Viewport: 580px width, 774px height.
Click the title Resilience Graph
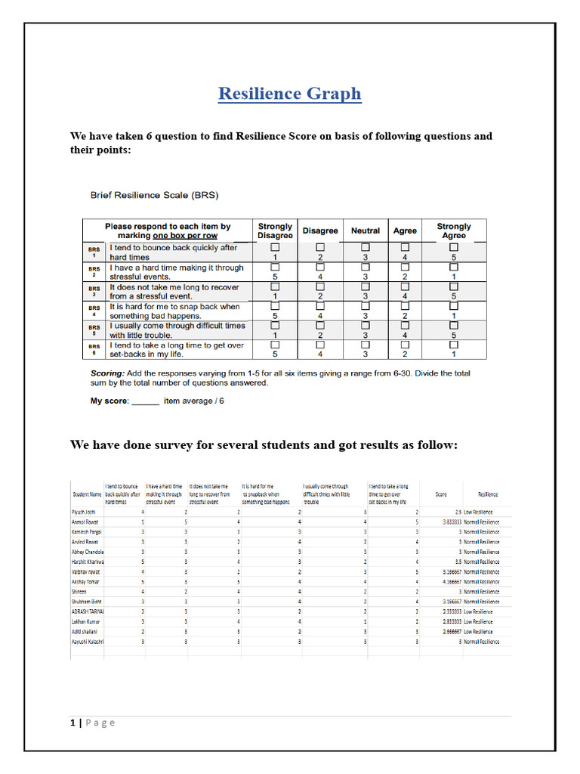click(x=289, y=94)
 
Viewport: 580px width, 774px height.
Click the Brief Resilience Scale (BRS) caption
click(x=154, y=195)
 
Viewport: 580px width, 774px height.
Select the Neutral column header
click(x=366, y=231)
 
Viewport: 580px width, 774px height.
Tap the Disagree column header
click(x=320, y=231)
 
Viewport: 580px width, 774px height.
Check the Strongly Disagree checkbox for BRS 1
click(x=275, y=247)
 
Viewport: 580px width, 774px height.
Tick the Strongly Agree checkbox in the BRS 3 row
click(x=454, y=286)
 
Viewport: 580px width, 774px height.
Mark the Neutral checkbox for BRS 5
click(x=366, y=326)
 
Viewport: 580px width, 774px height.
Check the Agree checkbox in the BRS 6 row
click(x=405, y=345)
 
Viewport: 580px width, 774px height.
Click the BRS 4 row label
click(x=94, y=311)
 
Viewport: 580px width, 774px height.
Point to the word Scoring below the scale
click(x=106, y=373)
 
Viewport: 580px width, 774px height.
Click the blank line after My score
click(x=145, y=401)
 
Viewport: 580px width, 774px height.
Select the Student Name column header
click(x=87, y=495)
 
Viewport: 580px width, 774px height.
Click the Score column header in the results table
click(x=441, y=495)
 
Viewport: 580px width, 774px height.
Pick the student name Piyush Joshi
click(x=84, y=512)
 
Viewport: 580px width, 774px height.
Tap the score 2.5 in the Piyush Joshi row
click(x=457, y=512)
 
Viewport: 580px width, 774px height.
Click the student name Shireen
click(x=79, y=592)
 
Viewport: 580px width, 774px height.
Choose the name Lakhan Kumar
click(x=85, y=621)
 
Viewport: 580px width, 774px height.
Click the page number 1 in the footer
click(x=72, y=723)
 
